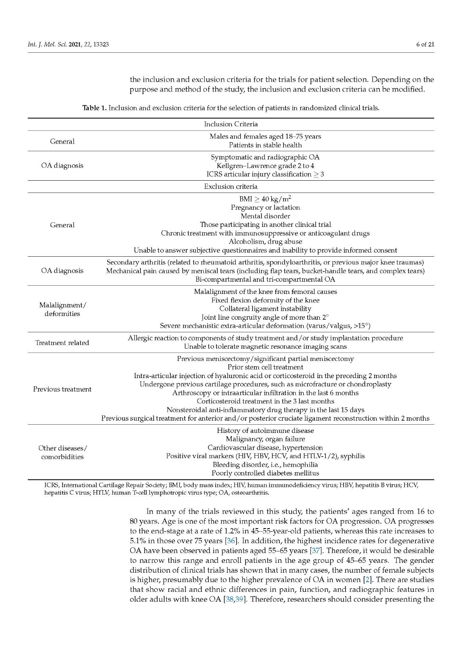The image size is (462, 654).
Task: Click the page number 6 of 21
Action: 425,44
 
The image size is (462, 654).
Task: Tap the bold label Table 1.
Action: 94,108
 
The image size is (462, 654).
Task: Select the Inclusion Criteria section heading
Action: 231,124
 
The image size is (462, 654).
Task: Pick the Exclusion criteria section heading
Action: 231,187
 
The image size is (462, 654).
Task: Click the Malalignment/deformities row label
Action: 62,309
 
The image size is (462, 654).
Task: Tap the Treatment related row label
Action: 62,343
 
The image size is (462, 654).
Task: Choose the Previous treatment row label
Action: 62,389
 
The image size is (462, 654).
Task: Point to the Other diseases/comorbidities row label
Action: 62,452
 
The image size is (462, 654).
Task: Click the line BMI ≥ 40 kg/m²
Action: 265,199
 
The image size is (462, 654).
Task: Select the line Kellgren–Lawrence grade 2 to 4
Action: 265,166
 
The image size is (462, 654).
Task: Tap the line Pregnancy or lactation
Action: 265,208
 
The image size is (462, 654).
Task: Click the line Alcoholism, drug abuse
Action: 265,242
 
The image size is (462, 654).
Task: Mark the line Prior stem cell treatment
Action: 265,367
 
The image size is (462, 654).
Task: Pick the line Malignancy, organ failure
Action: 265,439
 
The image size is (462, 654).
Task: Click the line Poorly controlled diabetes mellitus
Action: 265,473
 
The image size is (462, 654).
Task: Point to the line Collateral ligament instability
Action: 265,309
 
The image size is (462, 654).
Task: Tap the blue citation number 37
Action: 316,551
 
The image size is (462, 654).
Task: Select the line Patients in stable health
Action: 265,145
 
